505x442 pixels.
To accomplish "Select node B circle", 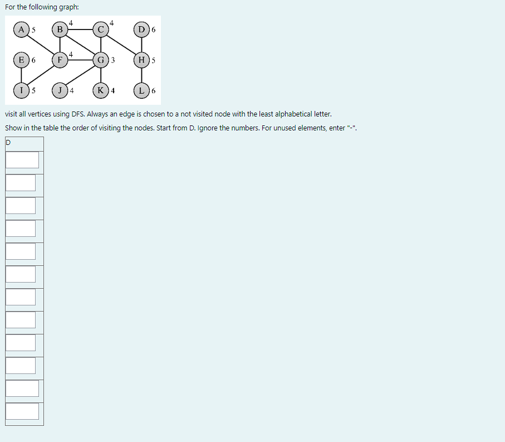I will pos(60,29).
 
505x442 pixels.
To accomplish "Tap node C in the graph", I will pos(100,29).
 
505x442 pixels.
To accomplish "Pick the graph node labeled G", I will pos(100,60).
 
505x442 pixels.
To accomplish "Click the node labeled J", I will pos(60,90).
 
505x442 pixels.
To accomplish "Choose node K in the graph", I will pos(100,90).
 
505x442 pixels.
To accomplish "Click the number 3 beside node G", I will pos(113,60).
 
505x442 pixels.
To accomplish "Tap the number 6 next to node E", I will pos(33,60).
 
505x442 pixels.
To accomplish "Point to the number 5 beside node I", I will pos(33,90).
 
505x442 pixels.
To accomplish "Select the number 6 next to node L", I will pos(154,90).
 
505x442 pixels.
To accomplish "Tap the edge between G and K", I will pos(100,75).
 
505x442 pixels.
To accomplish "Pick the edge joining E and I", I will pos(21,75).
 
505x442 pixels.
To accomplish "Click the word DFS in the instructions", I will pos(78,114).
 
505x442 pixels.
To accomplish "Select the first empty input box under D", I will pos(22,160).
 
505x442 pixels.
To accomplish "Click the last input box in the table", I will pos(22,411).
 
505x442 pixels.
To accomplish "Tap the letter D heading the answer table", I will pos(8,143).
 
